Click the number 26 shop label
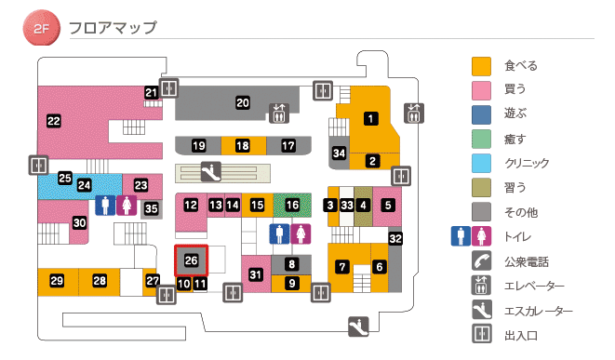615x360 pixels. point(192,260)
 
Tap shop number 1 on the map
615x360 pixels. point(371,118)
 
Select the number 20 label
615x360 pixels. point(243,102)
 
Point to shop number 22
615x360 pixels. point(53,120)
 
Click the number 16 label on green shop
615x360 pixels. point(293,205)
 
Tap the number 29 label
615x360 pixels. point(57,281)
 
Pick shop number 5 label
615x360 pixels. point(388,205)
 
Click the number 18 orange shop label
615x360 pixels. point(243,146)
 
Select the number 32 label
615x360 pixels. point(394,239)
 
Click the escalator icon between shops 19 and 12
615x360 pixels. point(212,171)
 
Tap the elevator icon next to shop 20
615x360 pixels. point(279,113)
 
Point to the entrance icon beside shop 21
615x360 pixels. point(168,88)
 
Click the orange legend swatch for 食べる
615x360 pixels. point(481,66)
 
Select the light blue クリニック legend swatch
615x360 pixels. point(481,163)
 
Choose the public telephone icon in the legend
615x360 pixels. point(481,261)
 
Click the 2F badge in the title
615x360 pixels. point(41,29)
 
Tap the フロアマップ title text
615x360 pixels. point(113,28)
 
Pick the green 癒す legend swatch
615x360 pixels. point(481,139)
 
